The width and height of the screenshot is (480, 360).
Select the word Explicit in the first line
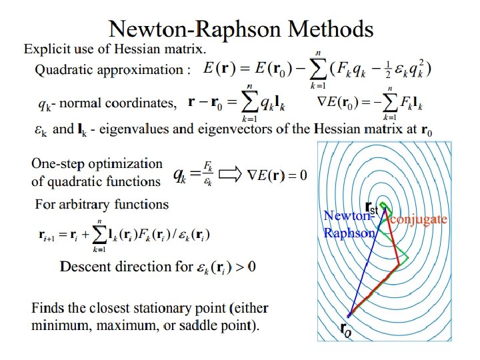click(x=45, y=49)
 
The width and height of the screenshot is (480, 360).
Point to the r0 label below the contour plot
click(x=345, y=329)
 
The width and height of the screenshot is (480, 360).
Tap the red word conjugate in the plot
click(x=418, y=218)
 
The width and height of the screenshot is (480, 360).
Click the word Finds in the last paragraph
click(x=47, y=309)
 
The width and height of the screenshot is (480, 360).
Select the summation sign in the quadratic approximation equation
click(x=322, y=69)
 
